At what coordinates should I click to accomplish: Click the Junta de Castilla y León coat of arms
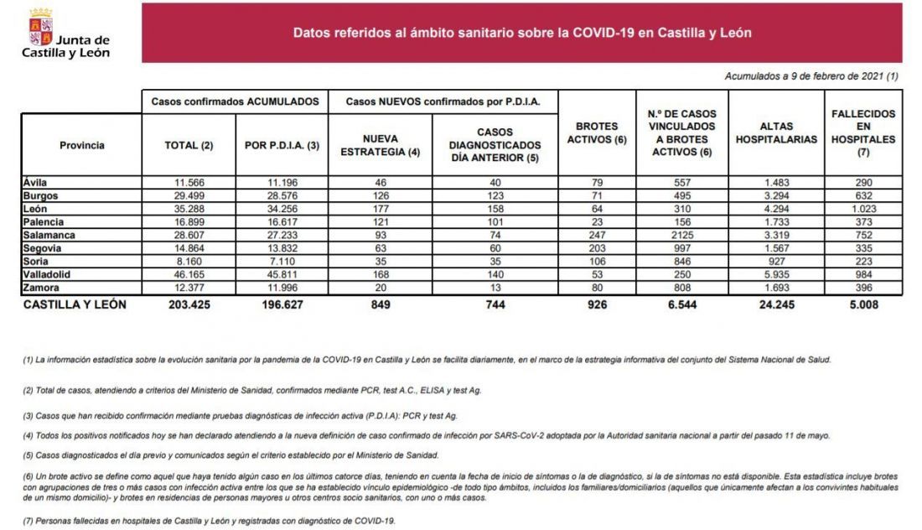(x=40, y=28)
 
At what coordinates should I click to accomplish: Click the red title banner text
(x=522, y=33)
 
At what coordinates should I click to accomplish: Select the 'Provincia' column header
(x=82, y=145)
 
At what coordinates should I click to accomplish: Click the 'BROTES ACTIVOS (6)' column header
(x=597, y=133)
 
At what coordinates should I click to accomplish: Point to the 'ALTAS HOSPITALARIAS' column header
(x=776, y=133)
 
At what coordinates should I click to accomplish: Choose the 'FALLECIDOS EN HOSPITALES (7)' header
(x=863, y=133)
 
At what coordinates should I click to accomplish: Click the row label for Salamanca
(x=49, y=236)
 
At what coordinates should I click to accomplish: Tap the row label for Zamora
(x=41, y=288)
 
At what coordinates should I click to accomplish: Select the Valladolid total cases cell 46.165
(x=189, y=275)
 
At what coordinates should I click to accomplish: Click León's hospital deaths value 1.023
(x=863, y=209)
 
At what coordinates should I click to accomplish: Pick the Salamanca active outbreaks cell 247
(x=597, y=236)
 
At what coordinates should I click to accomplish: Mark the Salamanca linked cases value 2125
(x=682, y=236)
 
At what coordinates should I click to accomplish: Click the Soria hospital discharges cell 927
(x=776, y=261)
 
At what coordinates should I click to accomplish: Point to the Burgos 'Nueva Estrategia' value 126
(x=381, y=196)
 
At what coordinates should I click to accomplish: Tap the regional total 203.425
(x=189, y=304)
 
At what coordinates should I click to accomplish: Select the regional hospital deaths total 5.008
(x=863, y=304)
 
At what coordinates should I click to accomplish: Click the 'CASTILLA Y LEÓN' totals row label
(x=75, y=304)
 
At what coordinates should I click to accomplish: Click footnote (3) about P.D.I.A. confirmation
(x=240, y=416)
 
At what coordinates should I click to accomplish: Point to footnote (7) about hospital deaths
(x=210, y=521)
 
